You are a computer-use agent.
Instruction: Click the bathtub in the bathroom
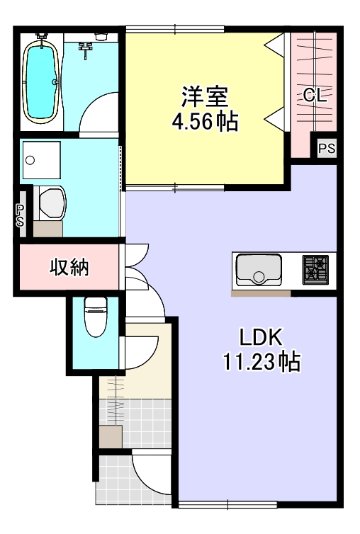pyautogui.click(x=41, y=81)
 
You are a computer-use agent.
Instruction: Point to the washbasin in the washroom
pyautogui.click(x=50, y=201)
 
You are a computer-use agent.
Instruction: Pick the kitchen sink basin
pyautogui.click(x=258, y=271)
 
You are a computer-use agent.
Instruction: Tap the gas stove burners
pyautogui.click(x=316, y=270)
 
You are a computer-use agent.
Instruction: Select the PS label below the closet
pyautogui.click(x=326, y=149)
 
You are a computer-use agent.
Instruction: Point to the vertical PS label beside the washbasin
pyautogui.click(x=21, y=215)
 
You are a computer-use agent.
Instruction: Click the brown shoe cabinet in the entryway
pyautogui.click(x=111, y=437)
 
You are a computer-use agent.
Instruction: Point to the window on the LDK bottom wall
pyautogui.click(x=227, y=504)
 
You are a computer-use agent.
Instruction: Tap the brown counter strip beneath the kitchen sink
pyautogui.click(x=260, y=292)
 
